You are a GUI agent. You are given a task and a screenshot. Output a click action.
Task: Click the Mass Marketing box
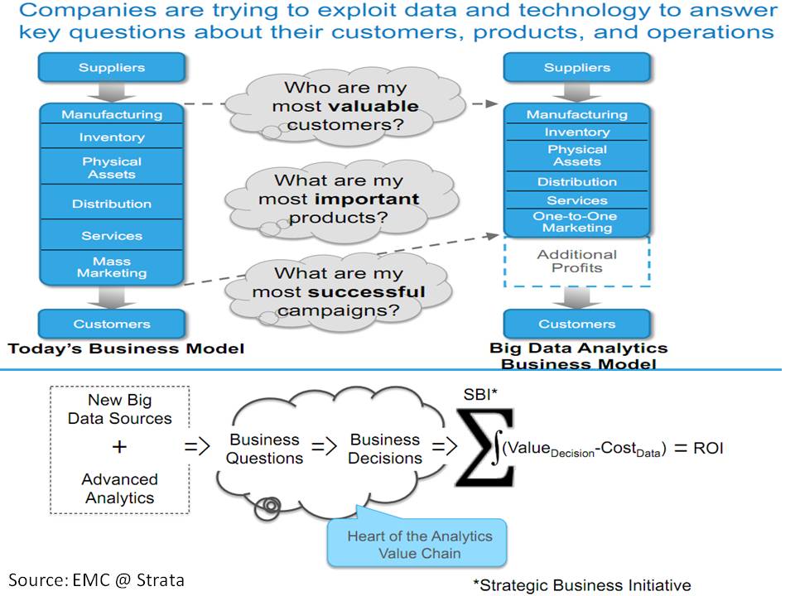(x=112, y=267)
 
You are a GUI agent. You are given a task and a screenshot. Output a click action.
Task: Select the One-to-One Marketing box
(x=577, y=222)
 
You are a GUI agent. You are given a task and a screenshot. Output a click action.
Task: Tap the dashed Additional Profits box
(x=577, y=262)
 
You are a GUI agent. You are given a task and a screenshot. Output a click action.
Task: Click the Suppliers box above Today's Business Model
(x=112, y=68)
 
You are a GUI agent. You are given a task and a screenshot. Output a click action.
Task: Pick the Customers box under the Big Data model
(x=577, y=324)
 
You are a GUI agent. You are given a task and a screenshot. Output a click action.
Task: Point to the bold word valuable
(x=374, y=107)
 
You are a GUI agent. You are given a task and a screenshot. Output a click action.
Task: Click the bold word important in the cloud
(x=369, y=199)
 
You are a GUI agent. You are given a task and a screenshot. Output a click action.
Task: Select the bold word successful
(x=367, y=291)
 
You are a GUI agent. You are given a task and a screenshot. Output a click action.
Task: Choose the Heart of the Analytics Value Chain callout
(x=419, y=545)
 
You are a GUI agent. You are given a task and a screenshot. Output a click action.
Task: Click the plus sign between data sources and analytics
(x=119, y=447)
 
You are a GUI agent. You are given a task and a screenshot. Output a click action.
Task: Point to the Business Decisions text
(x=385, y=448)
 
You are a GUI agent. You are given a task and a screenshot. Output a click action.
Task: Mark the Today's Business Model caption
(x=126, y=348)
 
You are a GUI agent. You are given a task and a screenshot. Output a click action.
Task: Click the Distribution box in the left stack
(x=112, y=204)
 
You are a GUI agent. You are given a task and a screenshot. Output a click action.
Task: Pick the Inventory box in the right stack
(x=577, y=132)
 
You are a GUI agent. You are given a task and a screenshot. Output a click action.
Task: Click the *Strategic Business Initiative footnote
(x=581, y=584)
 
